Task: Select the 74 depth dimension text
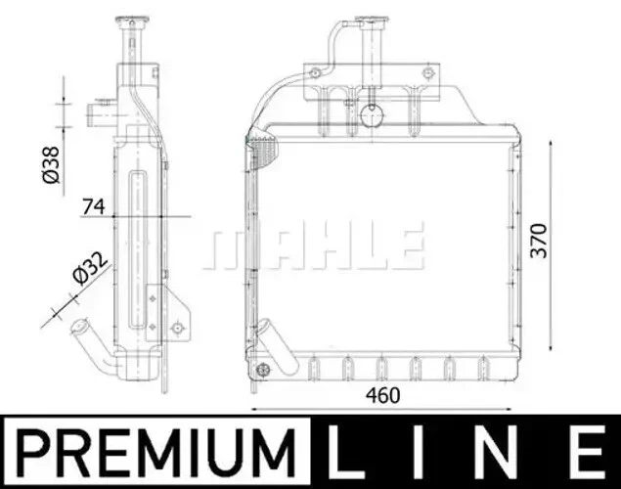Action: pyautogui.click(x=95, y=205)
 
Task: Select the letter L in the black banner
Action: pyautogui.click(x=350, y=453)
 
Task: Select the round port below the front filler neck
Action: pyautogui.click(x=371, y=115)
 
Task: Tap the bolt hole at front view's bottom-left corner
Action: pyautogui.click(x=261, y=369)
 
